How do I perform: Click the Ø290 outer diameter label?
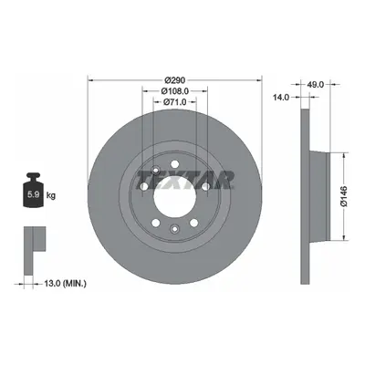click(174, 80)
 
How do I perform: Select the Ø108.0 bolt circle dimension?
click(175, 91)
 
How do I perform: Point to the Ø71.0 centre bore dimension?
click(174, 102)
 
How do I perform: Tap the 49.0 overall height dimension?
click(315, 84)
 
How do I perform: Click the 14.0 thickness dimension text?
click(280, 97)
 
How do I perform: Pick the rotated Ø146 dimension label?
click(344, 196)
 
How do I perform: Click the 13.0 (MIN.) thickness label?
click(66, 284)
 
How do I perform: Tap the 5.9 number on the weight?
click(33, 194)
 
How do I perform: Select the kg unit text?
click(51, 195)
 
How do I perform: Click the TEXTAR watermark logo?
click(185, 180)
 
